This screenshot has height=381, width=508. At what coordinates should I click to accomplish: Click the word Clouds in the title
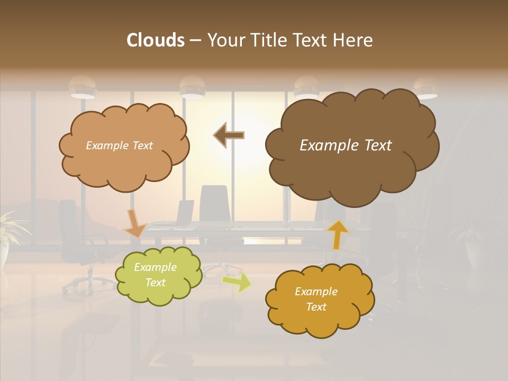click(x=156, y=40)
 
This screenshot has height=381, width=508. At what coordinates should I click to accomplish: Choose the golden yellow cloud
click(x=320, y=300)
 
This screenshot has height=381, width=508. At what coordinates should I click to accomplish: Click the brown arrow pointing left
click(x=229, y=135)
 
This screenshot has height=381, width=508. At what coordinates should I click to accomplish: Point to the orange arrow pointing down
click(x=134, y=223)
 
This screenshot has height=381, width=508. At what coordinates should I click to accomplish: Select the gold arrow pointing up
click(x=337, y=234)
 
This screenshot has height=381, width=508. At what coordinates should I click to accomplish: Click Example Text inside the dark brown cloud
click(x=346, y=146)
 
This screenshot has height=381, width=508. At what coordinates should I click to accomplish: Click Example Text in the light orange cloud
click(x=119, y=146)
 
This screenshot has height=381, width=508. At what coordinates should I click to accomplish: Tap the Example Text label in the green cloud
click(x=155, y=275)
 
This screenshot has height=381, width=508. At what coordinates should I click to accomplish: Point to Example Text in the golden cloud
click(x=316, y=299)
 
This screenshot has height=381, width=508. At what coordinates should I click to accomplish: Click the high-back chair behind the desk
click(x=214, y=204)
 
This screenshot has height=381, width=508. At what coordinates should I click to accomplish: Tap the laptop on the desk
click(x=185, y=213)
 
